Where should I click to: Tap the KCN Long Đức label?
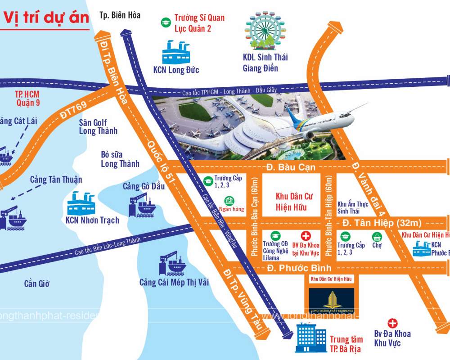point(176,70)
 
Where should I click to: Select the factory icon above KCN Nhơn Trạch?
point(82,203)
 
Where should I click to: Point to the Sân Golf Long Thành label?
point(98,126)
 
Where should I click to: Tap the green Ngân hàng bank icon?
point(229,201)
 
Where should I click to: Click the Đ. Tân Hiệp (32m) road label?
point(381,223)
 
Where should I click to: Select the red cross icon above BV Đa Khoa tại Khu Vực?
point(306,236)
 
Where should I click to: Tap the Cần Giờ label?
point(36,283)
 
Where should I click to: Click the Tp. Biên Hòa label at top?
point(120,15)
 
